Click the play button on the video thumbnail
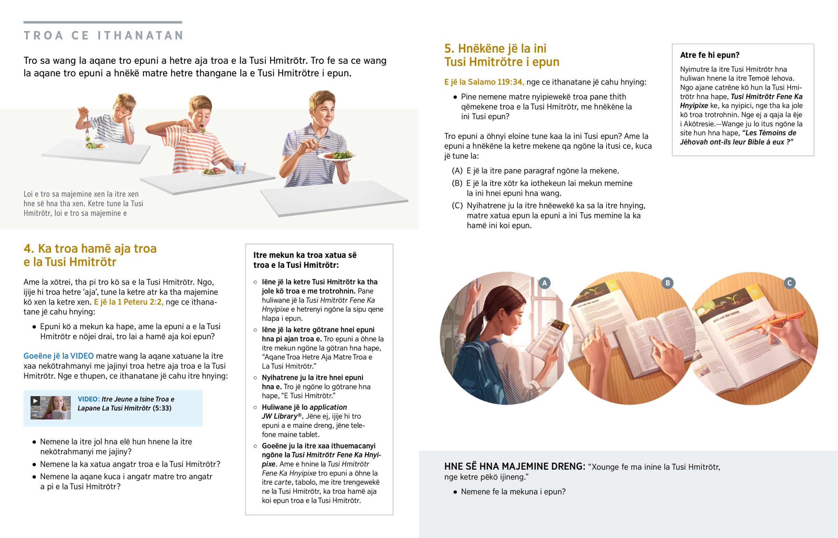coord(35,401)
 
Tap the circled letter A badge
coord(544,283)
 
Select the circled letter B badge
coord(667,283)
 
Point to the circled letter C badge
coord(789,283)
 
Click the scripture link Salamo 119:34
coord(495,82)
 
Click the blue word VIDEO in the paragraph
coord(82,356)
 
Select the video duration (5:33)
coord(162,408)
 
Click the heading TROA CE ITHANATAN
coord(103,35)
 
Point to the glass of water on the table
coord(240,167)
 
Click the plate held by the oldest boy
coord(339,156)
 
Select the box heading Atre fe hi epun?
coord(710,55)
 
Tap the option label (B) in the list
coord(457,183)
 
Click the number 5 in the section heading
coord(449,48)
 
